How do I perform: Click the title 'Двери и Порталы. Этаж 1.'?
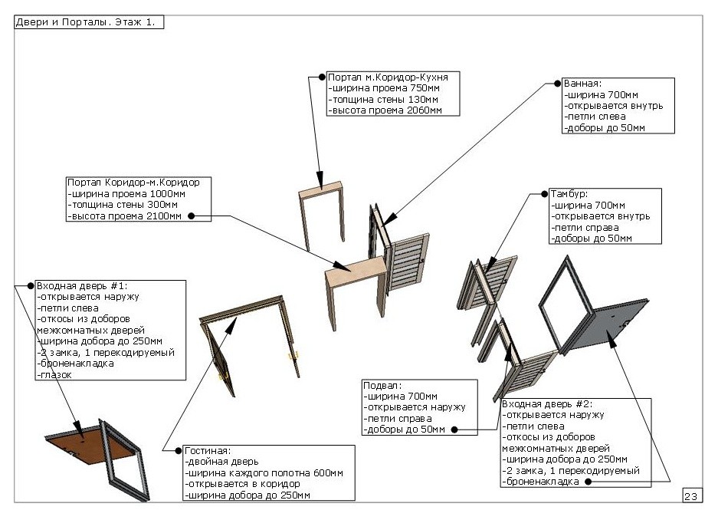[x=86, y=22]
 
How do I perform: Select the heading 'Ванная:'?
[x=582, y=84]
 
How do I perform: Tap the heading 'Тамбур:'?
[x=569, y=194]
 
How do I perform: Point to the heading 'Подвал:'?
[x=382, y=385]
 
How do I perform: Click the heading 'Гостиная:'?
[x=208, y=451]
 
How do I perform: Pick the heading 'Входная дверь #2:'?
[x=547, y=404]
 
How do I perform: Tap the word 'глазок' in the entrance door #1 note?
[x=54, y=375]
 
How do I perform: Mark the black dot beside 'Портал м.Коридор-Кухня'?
[x=322, y=77]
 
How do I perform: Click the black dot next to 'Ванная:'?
[x=557, y=84]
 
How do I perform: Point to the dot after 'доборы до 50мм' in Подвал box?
[x=454, y=429]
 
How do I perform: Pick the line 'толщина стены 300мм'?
[x=123, y=205]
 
